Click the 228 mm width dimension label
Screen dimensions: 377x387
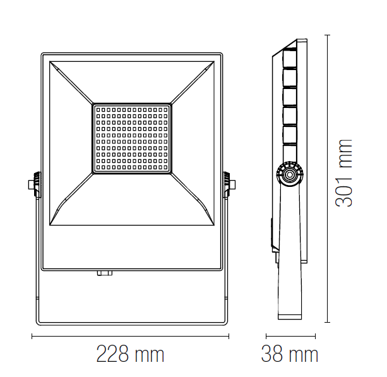coord(130,354)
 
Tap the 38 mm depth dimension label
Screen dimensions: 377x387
coord(290,354)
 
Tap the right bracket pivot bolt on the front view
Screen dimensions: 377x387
coord(233,185)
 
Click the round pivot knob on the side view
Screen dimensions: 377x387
coord(289,174)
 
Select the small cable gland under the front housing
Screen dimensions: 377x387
coord(104,273)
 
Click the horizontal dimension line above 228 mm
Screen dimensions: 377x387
coord(130,336)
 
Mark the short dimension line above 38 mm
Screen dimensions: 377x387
coord(290,336)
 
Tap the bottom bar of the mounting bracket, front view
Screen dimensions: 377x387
coord(130,323)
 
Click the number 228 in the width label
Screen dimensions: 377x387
coord(113,354)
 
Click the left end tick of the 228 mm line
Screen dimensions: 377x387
coord(32,336)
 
